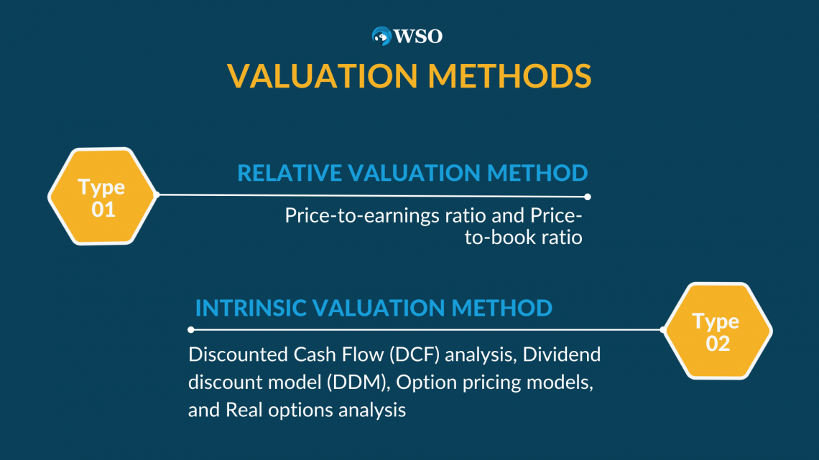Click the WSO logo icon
381,36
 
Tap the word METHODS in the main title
510,76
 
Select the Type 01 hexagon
103,196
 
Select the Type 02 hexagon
718,331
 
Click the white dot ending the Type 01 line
588,197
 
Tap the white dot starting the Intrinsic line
191,329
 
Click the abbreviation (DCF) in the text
415,355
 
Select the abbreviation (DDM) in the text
358,382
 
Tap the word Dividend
562,355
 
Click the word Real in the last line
244,410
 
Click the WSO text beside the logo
418,37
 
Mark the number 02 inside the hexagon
718,344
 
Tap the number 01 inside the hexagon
103,210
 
